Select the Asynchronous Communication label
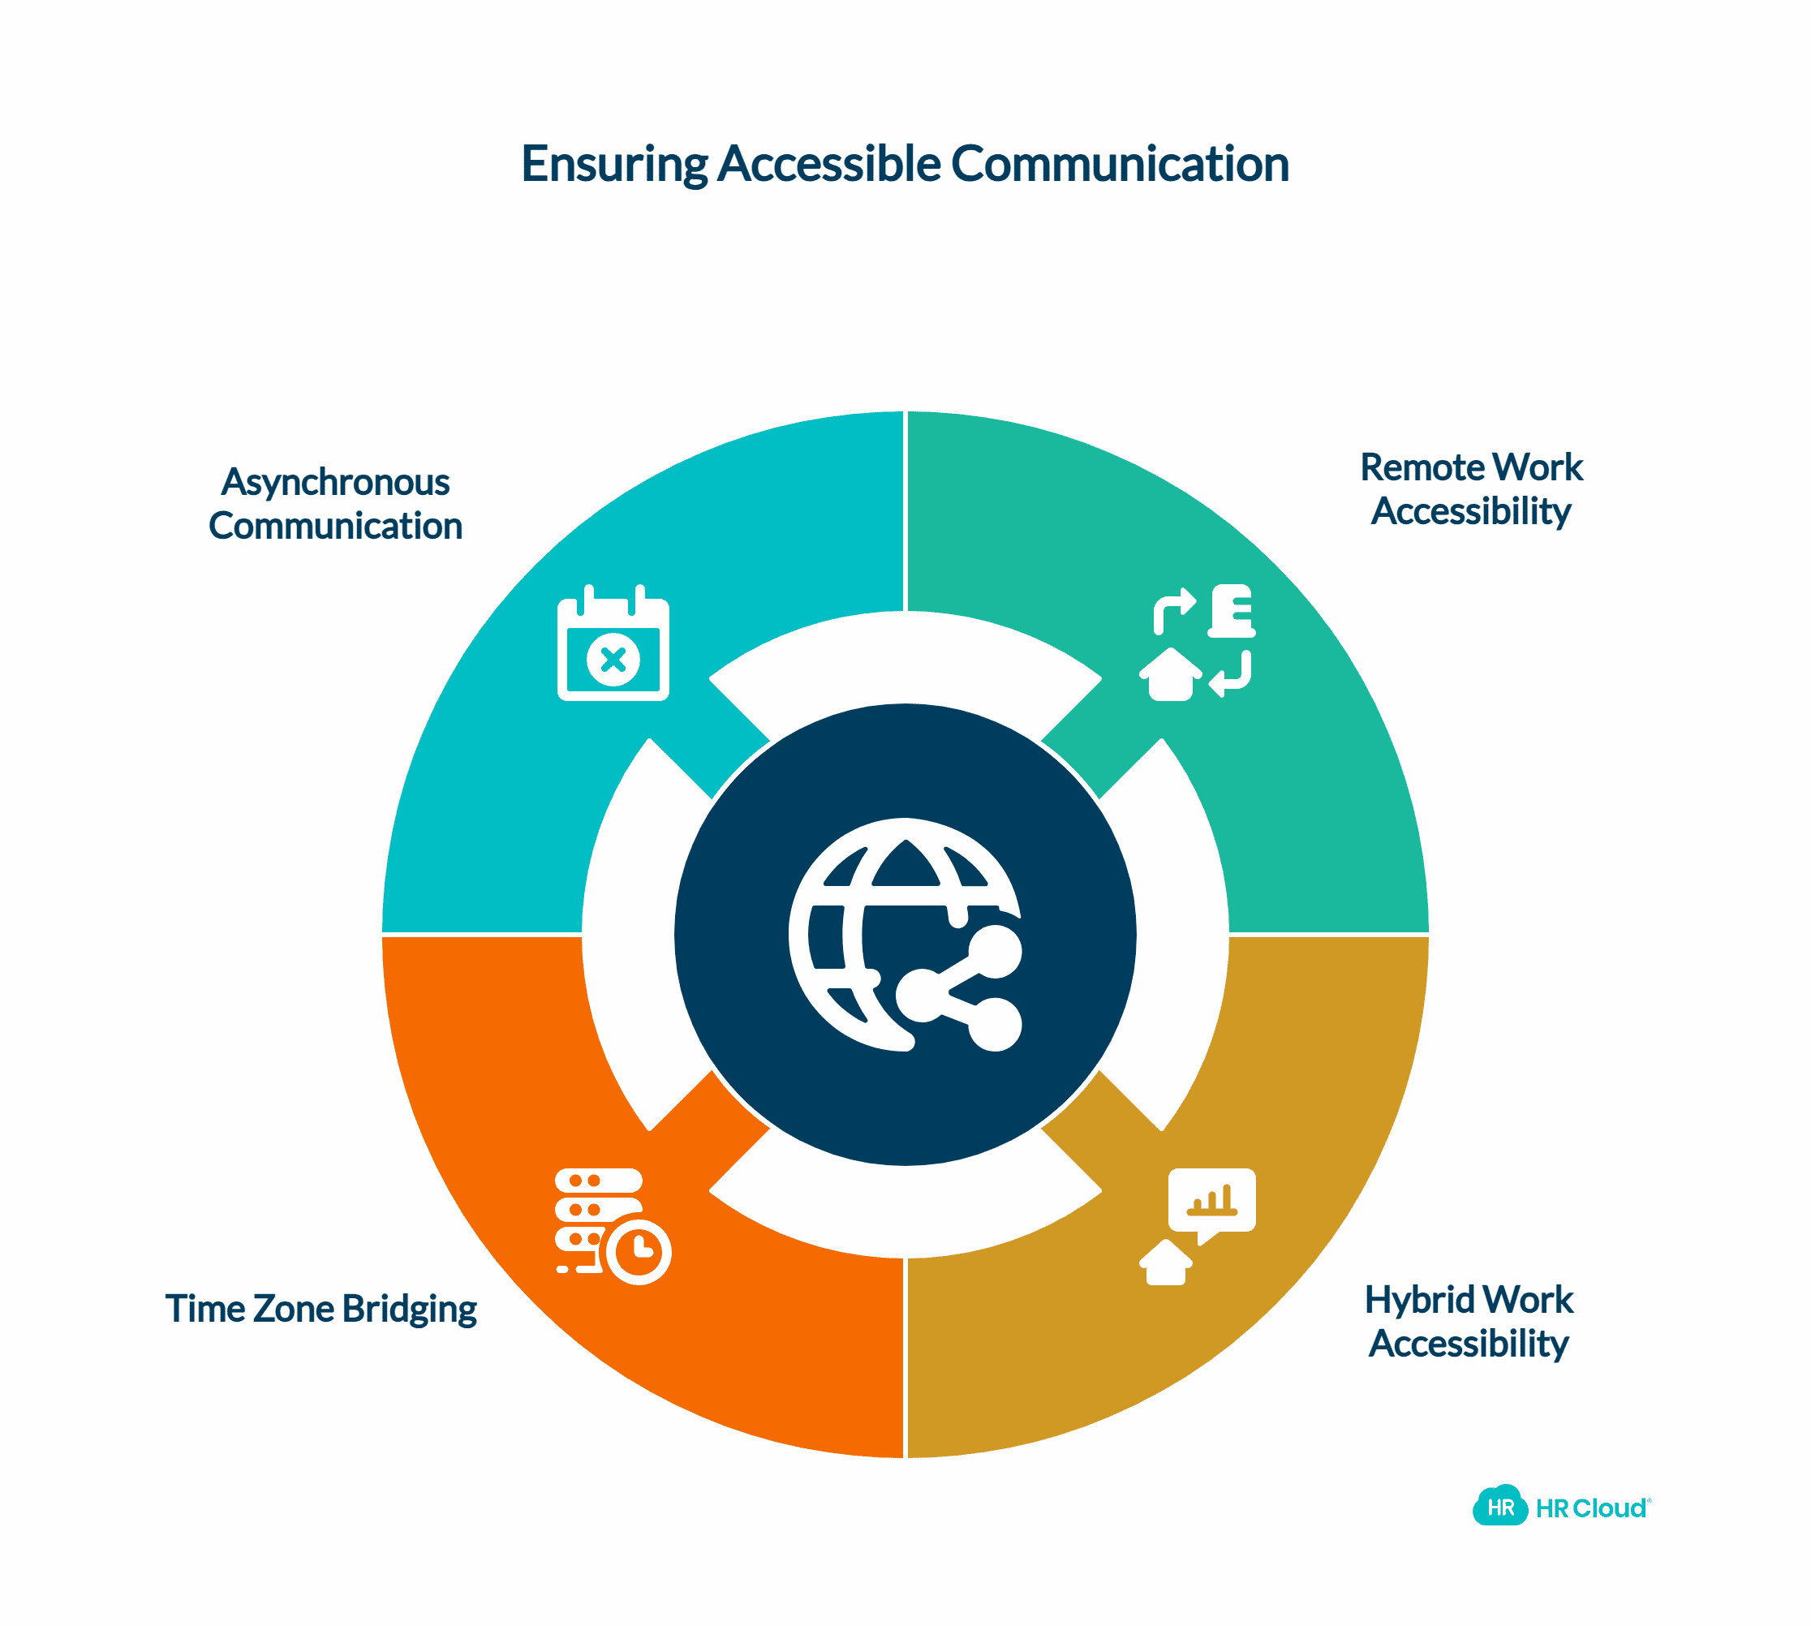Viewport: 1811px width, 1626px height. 335,504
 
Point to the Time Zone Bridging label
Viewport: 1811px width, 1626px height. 320,1309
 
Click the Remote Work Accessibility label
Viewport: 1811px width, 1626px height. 1470,489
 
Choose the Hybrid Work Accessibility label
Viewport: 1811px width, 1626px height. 1468,1322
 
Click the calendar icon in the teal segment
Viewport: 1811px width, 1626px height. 613,644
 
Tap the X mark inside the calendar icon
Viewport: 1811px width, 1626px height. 613,660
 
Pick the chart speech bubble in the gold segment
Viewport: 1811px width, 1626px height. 1211,1202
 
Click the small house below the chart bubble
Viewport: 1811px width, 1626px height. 1165,1263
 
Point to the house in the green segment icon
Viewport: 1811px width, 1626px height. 1169,675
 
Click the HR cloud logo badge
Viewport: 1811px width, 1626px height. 1500,1508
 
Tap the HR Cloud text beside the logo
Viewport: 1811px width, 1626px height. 1590,1509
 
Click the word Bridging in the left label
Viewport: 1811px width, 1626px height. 409,1309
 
